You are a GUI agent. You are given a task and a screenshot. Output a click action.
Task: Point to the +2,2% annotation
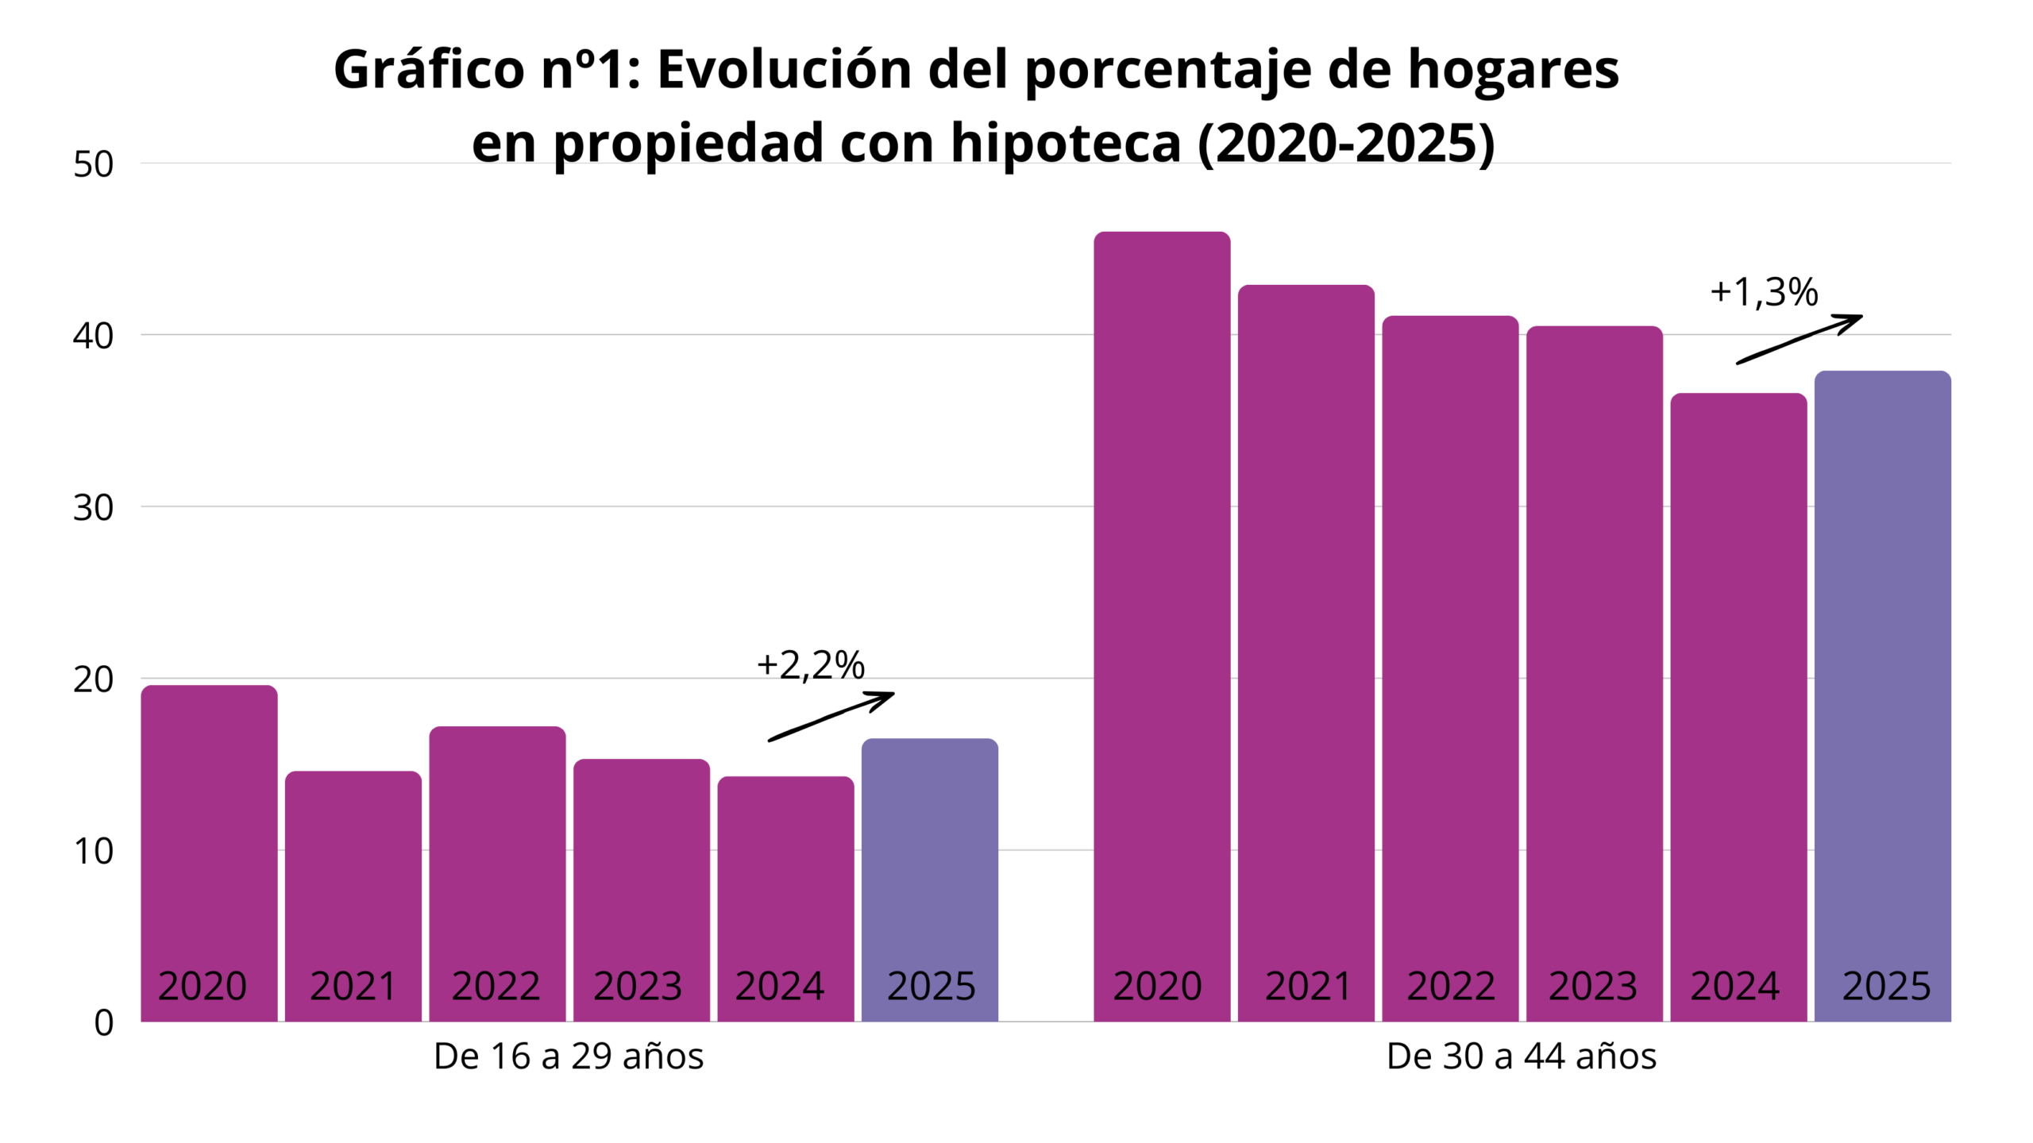(811, 665)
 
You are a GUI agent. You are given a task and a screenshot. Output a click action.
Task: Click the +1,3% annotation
(1764, 292)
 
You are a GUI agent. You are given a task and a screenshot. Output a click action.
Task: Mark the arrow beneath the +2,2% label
(831, 716)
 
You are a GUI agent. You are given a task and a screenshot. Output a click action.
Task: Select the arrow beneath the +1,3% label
(1799, 339)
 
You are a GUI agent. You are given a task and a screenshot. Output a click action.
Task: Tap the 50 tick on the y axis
(94, 164)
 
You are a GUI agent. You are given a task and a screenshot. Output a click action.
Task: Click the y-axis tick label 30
(94, 508)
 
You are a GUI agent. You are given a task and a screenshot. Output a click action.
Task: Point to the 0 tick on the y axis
(104, 1023)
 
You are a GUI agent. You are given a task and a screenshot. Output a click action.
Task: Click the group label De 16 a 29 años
(569, 1056)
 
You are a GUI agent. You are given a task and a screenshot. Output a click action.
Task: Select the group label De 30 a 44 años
(1522, 1056)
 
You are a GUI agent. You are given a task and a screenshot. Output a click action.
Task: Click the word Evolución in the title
(784, 69)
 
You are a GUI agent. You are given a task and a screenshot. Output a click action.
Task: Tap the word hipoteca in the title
(1066, 143)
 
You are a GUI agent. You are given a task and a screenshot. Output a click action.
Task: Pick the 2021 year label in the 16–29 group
(353, 987)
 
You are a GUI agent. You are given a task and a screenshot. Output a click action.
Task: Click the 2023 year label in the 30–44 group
(1593, 987)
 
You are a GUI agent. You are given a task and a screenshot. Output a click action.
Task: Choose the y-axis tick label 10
(94, 852)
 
